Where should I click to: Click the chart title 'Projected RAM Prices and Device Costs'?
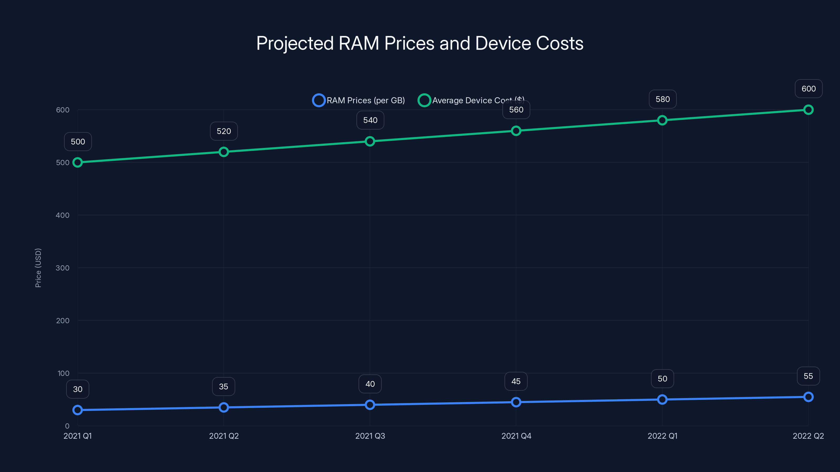pos(420,43)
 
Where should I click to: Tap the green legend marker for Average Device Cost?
pos(424,100)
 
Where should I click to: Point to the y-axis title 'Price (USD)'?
pos(38,268)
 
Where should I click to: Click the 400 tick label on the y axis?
pos(63,215)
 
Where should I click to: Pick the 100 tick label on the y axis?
pos(63,373)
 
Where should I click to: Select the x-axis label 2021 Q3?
pos(370,436)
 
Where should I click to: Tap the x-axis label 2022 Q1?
pos(662,436)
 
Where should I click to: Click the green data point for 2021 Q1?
pos(78,162)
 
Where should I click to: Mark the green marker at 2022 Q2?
pos(808,110)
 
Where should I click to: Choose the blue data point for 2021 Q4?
pos(516,402)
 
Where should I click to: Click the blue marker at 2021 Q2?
pos(224,407)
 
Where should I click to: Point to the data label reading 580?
pos(662,99)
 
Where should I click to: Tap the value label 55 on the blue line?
pos(808,376)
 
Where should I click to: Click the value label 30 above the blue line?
pos(78,389)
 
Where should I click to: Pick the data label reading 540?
pos(370,120)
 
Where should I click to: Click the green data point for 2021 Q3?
pos(370,141)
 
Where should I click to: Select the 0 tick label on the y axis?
pos(67,426)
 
